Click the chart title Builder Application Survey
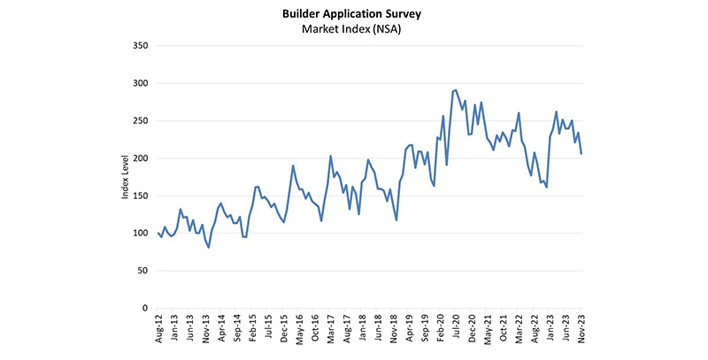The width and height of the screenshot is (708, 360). (353, 15)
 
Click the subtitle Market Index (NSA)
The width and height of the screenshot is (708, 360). (353, 31)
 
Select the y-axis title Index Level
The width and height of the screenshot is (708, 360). (126, 178)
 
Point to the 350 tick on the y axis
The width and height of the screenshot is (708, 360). (140, 46)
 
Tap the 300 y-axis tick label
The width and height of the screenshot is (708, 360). (140, 83)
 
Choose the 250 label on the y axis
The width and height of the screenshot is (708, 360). (140, 121)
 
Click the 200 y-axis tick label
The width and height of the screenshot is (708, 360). (140, 158)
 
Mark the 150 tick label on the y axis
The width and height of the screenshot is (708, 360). (140, 196)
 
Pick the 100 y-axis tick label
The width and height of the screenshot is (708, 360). (140, 234)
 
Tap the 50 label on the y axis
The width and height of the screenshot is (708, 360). (142, 271)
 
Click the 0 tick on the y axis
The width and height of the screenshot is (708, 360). (145, 309)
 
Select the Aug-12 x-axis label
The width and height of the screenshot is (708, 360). (158, 329)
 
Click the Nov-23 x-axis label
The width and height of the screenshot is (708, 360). (581, 329)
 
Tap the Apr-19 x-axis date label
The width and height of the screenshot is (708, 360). (409, 329)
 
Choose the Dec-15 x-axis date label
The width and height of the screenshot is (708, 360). (283, 329)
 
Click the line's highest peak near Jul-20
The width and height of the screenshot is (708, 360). (456, 89)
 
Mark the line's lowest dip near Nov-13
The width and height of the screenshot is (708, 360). (209, 248)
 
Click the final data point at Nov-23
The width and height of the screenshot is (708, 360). (581, 154)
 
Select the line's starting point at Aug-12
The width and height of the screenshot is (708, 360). (158, 233)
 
